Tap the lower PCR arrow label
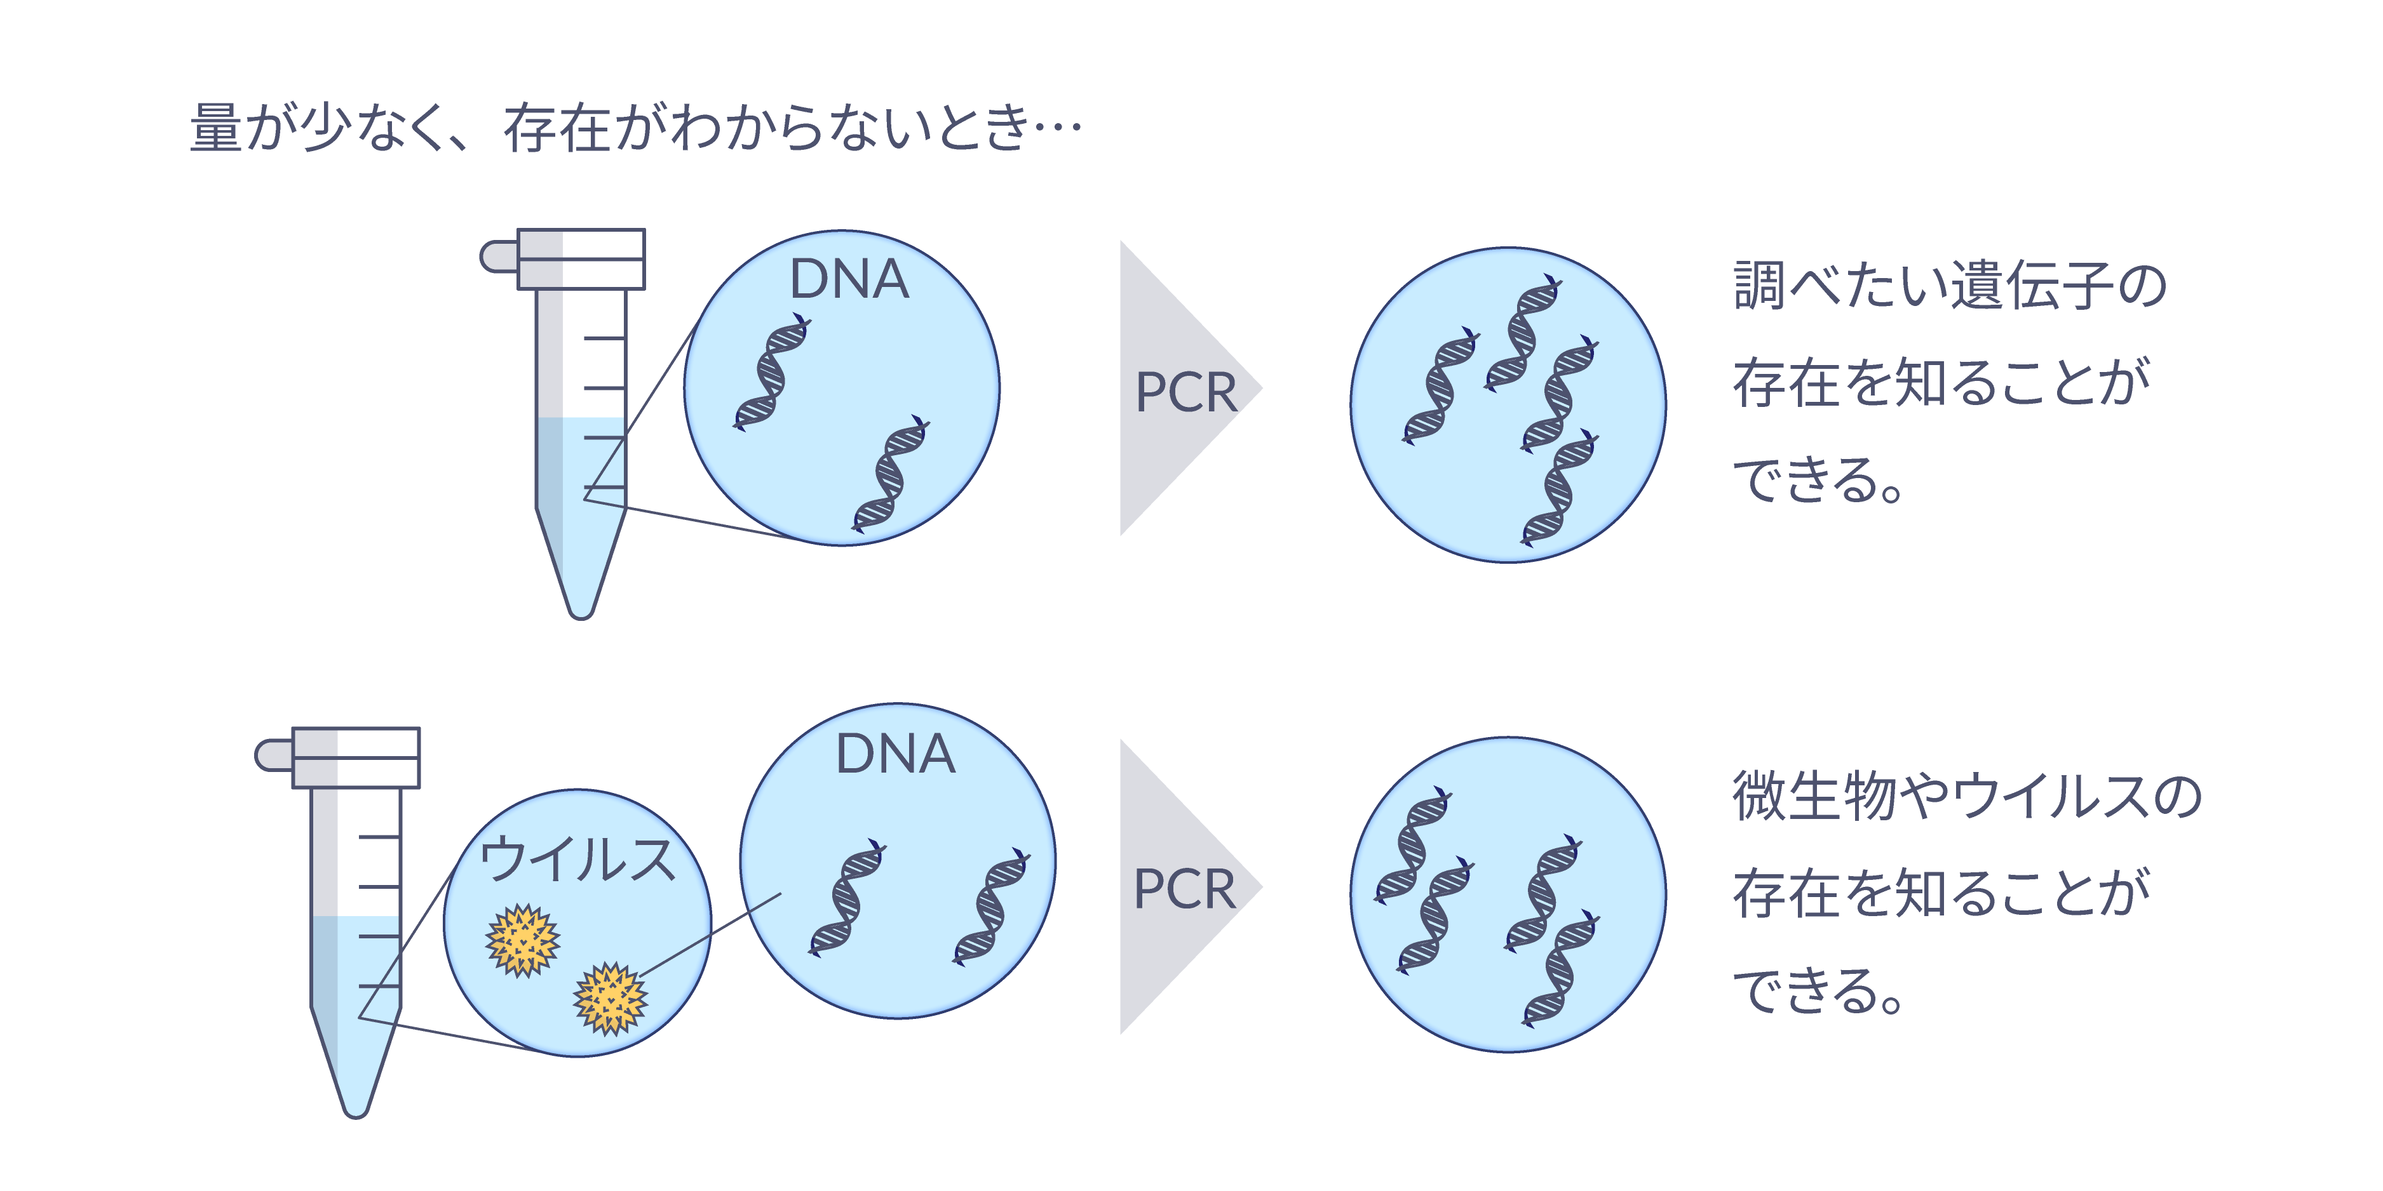point(1184,889)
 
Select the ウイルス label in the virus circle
point(577,859)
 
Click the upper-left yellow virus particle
point(523,940)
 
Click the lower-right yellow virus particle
point(610,999)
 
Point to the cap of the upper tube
point(580,260)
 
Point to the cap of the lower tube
point(355,758)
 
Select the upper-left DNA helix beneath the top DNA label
point(771,372)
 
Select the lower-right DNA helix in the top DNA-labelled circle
point(890,474)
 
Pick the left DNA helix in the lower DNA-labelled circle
point(846,897)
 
